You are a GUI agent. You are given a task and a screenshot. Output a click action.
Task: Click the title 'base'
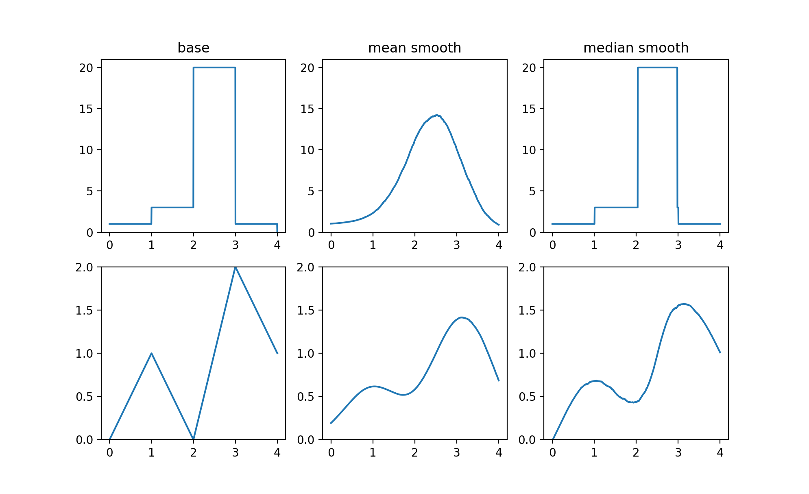pyautogui.click(x=193, y=48)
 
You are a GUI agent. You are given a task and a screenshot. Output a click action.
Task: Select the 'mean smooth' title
pyautogui.click(x=414, y=48)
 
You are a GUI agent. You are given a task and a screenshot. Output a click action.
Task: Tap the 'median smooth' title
pyautogui.click(x=636, y=48)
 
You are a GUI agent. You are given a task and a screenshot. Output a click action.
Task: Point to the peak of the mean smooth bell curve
pyautogui.click(x=436, y=115)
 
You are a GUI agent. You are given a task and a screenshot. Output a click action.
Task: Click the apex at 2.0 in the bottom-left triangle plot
pyautogui.click(x=235, y=267)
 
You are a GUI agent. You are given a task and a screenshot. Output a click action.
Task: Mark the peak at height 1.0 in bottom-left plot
pyautogui.click(x=151, y=353)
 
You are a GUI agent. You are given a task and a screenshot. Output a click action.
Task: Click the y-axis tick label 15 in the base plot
pyautogui.click(x=86, y=109)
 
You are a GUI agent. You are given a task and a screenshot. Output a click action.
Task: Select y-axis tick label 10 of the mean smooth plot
pyautogui.click(x=307, y=150)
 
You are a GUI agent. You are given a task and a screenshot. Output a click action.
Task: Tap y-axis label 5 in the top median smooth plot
pyautogui.click(x=533, y=191)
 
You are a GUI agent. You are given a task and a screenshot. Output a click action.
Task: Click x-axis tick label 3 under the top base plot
pyautogui.click(x=235, y=245)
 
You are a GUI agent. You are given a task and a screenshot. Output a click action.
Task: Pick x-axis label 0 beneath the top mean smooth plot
pyautogui.click(x=331, y=245)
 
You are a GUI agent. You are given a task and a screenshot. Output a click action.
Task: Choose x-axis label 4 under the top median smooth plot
pyautogui.click(x=720, y=245)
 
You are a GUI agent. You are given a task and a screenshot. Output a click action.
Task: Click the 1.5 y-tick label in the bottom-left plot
pyautogui.click(x=84, y=310)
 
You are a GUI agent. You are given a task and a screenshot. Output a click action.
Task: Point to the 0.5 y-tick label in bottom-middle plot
pyautogui.click(x=305, y=397)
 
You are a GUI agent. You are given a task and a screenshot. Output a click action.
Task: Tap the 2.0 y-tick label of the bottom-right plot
pyautogui.click(x=527, y=267)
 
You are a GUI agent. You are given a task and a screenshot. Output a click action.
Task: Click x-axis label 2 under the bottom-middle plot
pyautogui.click(x=414, y=452)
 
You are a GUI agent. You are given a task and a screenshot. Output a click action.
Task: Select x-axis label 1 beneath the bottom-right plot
pyautogui.click(x=594, y=452)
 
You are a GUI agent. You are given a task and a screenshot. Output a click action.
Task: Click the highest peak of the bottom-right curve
pyautogui.click(x=685, y=304)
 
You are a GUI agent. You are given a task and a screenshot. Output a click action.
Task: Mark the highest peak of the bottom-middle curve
pyautogui.click(x=461, y=317)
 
